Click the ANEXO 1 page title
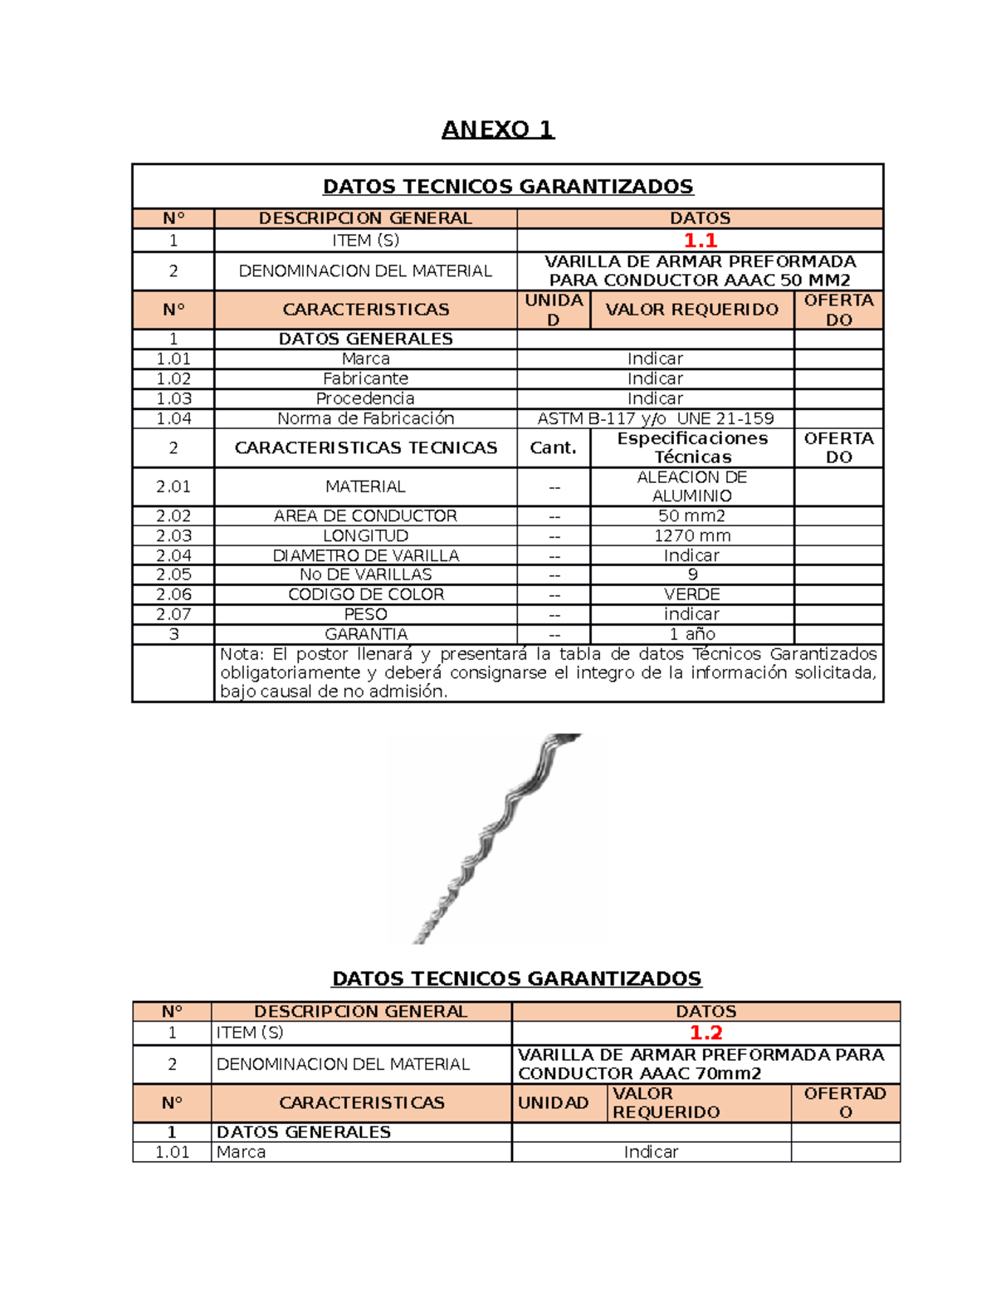(x=497, y=129)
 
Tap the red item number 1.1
(x=700, y=241)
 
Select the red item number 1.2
(x=705, y=1033)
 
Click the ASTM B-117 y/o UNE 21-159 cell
(x=655, y=418)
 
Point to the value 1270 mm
(x=691, y=535)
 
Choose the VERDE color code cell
(x=691, y=594)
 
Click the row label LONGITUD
(x=365, y=535)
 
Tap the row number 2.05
(x=173, y=574)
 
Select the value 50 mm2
(x=691, y=515)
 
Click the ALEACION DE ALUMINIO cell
(x=691, y=486)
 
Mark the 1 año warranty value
(x=691, y=634)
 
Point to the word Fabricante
(x=365, y=378)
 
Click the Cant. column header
(x=553, y=447)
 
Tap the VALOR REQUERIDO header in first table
(x=691, y=310)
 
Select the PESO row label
(x=365, y=614)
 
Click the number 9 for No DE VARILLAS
(x=692, y=574)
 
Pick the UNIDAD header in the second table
(x=553, y=1102)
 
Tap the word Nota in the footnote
(x=240, y=654)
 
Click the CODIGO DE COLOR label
(x=365, y=594)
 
